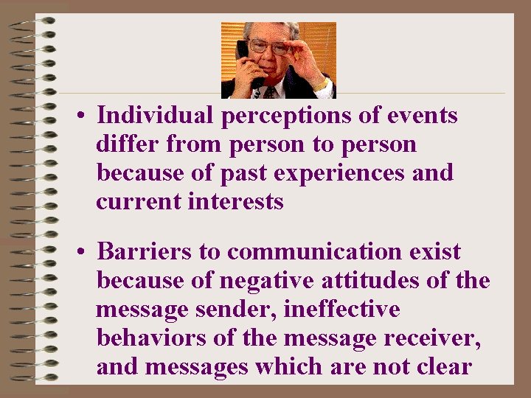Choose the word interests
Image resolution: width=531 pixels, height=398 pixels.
tap(236, 202)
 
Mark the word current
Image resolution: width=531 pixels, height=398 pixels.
tap(139, 202)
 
